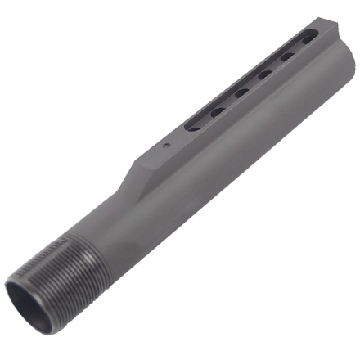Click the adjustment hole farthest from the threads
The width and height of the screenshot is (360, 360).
[x=308, y=39]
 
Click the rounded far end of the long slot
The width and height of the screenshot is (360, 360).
[x=315, y=34]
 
